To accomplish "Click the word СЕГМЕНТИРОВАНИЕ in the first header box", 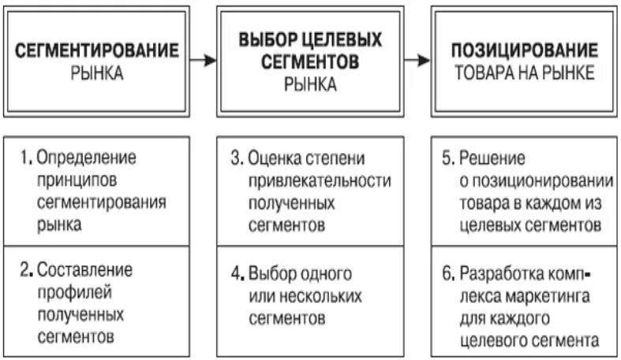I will click(98, 51).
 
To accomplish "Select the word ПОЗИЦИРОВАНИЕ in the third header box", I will click(525, 51).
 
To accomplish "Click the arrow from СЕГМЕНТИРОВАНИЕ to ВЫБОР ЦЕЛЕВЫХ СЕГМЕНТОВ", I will click(204, 60).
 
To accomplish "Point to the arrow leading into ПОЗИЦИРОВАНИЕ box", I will click(419, 60).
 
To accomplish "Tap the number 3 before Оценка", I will click(235, 157).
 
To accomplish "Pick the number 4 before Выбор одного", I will click(235, 275).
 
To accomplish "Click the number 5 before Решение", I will click(447, 157).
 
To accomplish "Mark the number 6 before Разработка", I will click(447, 275).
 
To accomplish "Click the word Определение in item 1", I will click(87, 157).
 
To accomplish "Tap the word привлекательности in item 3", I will click(320, 180).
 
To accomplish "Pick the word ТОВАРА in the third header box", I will click(481, 73).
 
